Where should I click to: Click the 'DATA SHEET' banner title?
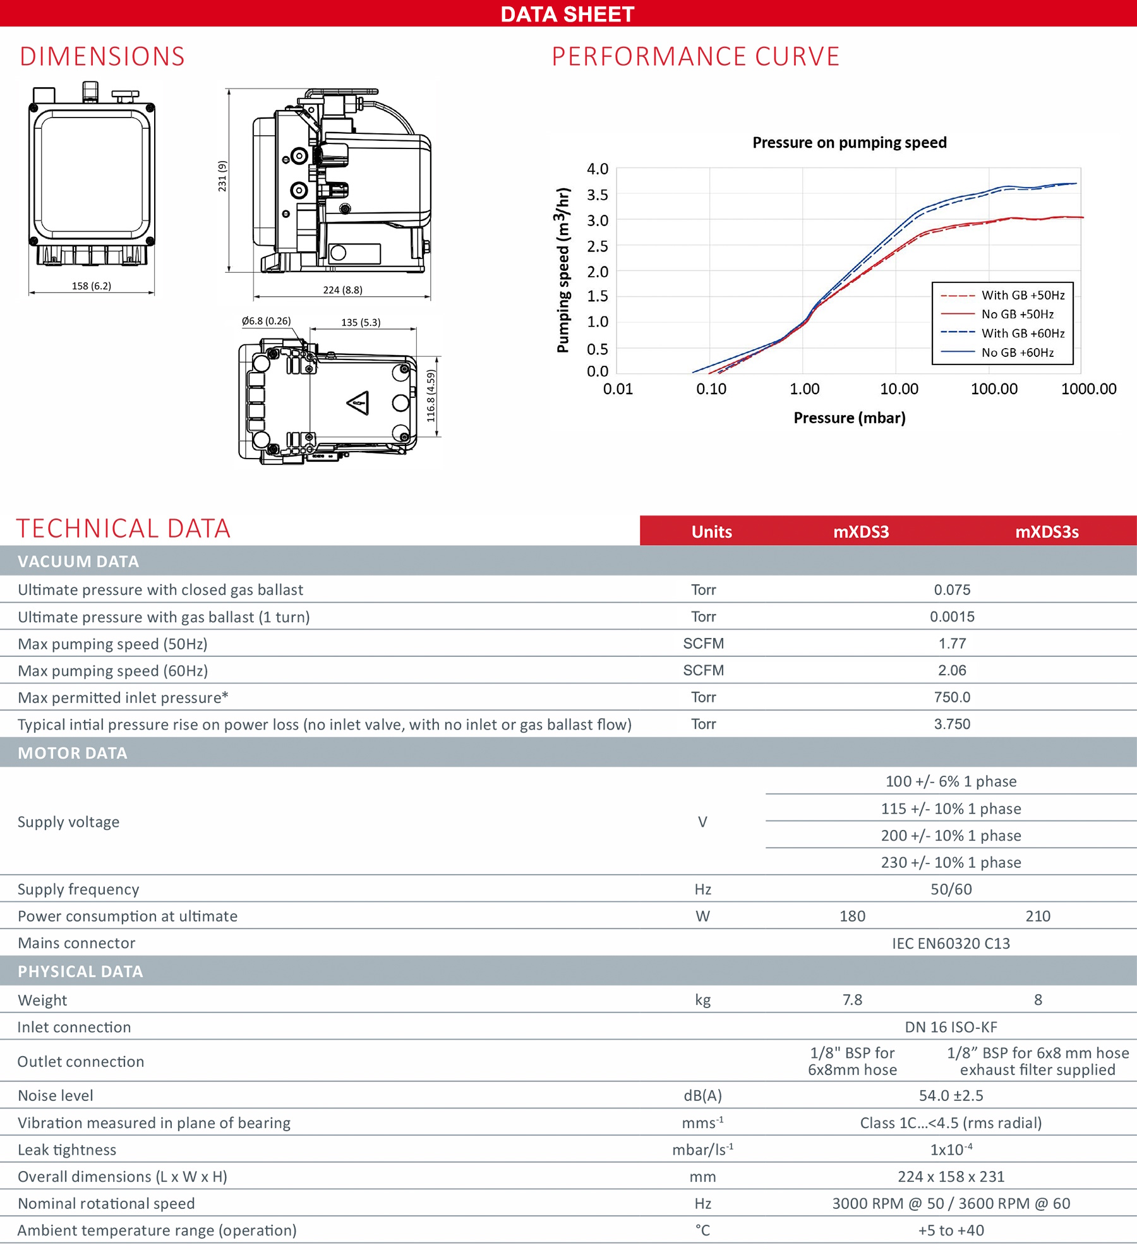pos(567,14)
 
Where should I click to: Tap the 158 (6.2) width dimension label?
pos(92,286)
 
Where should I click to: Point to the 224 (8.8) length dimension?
pos(342,290)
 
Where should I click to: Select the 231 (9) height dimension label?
pos(222,176)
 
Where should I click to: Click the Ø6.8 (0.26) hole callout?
pos(266,321)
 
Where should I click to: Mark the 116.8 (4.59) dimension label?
pos(431,396)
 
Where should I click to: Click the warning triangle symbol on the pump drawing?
pos(358,402)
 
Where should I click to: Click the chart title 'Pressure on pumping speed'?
pos(849,143)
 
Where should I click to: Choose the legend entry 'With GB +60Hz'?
pos(1022,334)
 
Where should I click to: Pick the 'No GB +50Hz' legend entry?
pos(1017,315)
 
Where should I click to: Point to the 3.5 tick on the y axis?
pos(597,195)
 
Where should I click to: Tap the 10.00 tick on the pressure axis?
pos(899,389)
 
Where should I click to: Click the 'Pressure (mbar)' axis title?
pos(849,418)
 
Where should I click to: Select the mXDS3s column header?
pos(1047,532)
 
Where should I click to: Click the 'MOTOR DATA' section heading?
pos(73,753)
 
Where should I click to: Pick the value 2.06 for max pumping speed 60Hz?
pos(952,670)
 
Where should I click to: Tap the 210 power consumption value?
pos(1038,916)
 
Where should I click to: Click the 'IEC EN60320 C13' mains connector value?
pos(951,943)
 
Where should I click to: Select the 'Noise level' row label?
pos(56,1095)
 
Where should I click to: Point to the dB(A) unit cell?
pos(702,1095)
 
